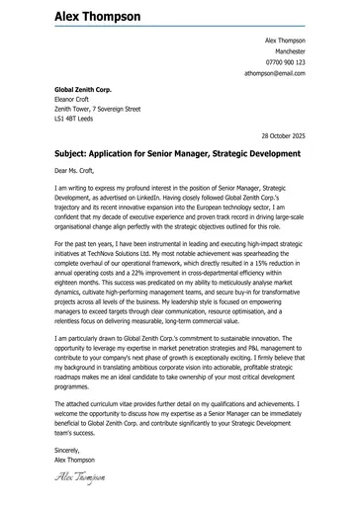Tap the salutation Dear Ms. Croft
(81, 170)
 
